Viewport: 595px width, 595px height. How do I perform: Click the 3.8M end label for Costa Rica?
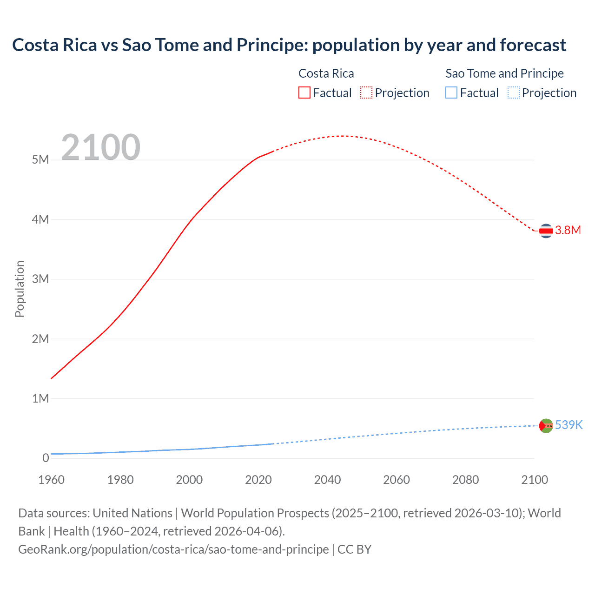568,230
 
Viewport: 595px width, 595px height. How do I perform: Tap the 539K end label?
569,425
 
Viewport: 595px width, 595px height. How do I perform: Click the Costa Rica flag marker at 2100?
546,231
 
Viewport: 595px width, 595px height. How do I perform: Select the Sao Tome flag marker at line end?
546,425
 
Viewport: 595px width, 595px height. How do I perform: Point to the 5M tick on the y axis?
40,160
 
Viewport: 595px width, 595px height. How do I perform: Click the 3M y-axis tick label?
40,279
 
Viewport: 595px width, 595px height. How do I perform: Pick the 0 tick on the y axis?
46,458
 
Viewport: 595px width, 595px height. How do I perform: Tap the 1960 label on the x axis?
51,480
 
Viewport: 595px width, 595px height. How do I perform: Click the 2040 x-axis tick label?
327,480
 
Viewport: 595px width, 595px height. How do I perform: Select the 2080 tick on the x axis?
465,480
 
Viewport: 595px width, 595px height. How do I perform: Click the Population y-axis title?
20,289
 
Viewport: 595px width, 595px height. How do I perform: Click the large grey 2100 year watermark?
100,147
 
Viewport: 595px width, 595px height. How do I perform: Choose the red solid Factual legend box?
304,93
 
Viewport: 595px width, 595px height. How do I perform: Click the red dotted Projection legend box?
366,93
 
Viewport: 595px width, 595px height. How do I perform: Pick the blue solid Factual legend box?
451,93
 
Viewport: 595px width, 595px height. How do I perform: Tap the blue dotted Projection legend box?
514,93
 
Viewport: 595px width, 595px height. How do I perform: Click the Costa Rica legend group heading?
326,73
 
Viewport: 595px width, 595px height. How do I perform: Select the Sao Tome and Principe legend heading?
504,73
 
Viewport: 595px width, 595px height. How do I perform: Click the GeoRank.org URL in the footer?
173,549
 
